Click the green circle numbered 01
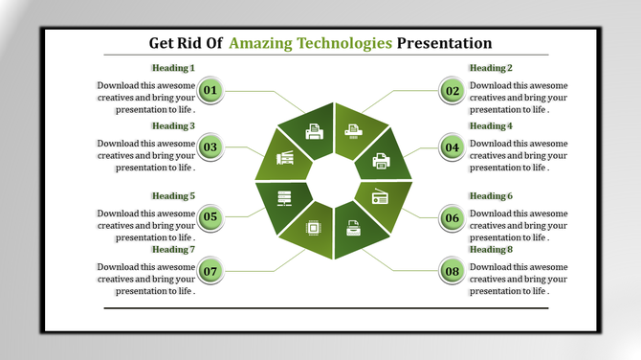pos(210,91)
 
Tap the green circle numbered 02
pos(453,91)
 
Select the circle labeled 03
pos(210,147)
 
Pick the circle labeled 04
pos(453,147)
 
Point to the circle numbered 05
pos(210,217)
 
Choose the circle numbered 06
pos(453,217)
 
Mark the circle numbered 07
pos(210,271)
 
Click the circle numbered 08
pos(453,271)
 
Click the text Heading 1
pos(173,68)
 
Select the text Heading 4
pos(490,125)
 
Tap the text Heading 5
pos(173,196)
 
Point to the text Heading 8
pos(490,249)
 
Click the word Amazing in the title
pos(261,43)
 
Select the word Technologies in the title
pos(344,43)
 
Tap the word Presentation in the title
pos(444,43)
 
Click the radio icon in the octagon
pos(380,197)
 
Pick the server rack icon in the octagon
pos(284,198)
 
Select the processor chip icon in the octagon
pos(313,227)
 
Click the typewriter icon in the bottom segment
pos(353,228)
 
